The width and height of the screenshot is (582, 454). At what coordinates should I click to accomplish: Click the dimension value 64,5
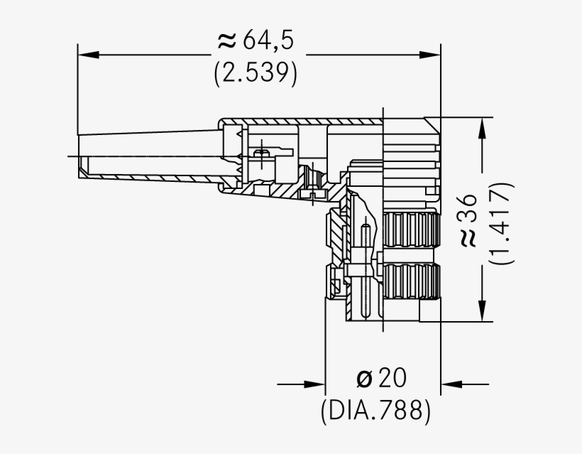pos(268,41)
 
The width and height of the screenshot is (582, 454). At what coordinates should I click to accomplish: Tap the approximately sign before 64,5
pos(226,42)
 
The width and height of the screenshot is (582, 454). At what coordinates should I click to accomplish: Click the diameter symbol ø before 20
pos(364,379)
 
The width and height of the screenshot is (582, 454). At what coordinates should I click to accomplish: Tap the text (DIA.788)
pos(375,410)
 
